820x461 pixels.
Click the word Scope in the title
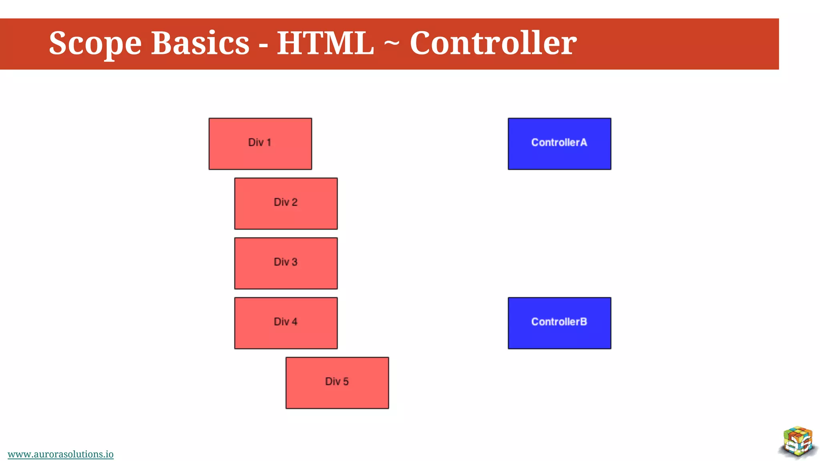pos(95,43)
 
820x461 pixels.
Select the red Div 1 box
pos(260,144)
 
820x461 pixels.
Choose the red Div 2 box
pos(286,203)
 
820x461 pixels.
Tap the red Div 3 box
pos(286,263)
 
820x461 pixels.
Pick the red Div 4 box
pos(286,323)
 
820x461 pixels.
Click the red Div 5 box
pos(337,383)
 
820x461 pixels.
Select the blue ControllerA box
pos(559,144)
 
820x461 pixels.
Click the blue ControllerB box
pos(559,323)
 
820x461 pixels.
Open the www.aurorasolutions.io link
pos(60,454)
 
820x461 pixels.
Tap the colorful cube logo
pos(798,442)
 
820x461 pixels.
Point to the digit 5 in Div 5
pos(346,381)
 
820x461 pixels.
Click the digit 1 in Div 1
pos(269,142)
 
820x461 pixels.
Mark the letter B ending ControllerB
pos(583,322)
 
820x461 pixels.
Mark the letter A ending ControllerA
pos(583,142)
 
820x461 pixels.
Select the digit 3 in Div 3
pos(294,262)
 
